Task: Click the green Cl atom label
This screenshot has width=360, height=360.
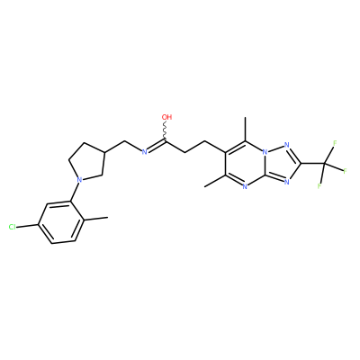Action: point(12,227)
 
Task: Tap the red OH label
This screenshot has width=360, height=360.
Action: point(166,117)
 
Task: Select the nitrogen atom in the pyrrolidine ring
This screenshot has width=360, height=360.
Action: point(79,180)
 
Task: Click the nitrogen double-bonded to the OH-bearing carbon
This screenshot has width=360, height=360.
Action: point(144,152)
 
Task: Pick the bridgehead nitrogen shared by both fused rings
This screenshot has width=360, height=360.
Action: point(265,152)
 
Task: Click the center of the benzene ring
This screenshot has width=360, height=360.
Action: point(62,222)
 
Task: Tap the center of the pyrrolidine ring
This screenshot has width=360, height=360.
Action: point(88,162)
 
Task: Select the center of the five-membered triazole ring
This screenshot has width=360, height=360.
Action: point(281,163)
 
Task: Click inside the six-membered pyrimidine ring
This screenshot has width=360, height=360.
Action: point(246,164)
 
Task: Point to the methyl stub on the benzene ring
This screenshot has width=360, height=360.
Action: point(96,219)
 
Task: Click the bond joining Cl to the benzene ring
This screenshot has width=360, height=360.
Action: point(27,226)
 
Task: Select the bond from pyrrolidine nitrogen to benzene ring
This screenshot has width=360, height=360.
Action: point(76,192)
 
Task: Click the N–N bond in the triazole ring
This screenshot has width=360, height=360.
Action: point(275,148)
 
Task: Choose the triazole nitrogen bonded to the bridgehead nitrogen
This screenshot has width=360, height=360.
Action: point(286,146)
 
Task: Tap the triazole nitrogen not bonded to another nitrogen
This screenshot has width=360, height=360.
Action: point(286,182)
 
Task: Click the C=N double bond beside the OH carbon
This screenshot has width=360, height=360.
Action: point(156,146)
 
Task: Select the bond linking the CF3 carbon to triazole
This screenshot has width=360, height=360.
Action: point(313,164)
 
